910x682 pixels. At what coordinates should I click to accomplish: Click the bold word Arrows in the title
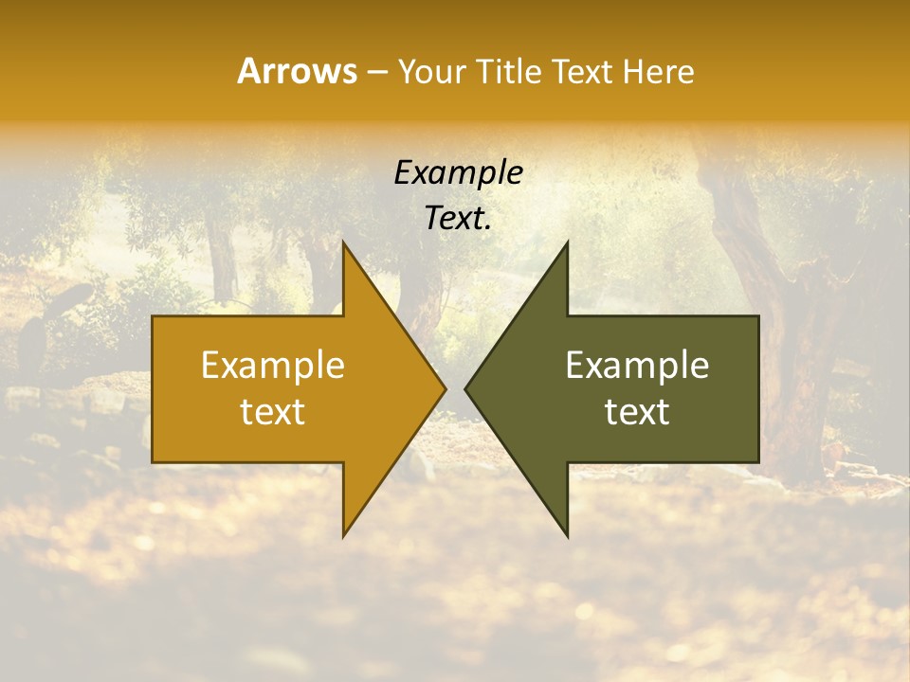pos(297,71)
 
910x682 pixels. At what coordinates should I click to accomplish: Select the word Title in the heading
pos(509,71)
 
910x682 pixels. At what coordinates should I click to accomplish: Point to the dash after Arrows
pos(376,72)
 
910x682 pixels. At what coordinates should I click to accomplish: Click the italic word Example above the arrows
pos(459,173)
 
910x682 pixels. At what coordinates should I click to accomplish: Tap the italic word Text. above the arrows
pos(459,218)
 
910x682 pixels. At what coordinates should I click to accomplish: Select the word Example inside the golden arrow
pos(273,366)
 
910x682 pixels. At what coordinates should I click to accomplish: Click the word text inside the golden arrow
pos(273,412)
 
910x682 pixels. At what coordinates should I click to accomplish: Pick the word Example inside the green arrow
pos(637,366)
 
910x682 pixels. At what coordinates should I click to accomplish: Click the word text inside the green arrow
pos(637,412)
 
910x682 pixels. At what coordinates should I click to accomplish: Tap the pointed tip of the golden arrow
pos(445,389)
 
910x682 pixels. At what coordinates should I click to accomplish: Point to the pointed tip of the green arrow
pos(466,389)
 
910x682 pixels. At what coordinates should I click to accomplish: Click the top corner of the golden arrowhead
pos(344,244)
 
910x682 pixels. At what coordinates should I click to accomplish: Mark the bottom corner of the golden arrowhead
pos(344,535)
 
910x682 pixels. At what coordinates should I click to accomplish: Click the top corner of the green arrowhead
pos(567,244)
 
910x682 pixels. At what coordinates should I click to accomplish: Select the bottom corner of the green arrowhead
pos(567,535)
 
